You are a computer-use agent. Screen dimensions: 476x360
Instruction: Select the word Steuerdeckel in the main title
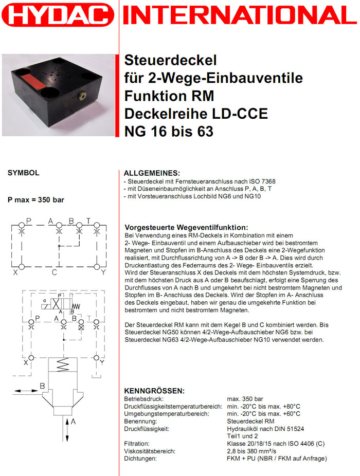click(x=165, y=61)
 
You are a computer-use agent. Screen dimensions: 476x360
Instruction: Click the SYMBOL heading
click(x=24, y=173)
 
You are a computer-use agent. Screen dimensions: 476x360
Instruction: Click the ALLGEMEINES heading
click(x=152, y=173)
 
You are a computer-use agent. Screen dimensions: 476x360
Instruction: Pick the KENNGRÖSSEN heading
click(x=154, y=391)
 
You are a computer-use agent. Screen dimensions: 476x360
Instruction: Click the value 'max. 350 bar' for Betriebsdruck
click(x=245, y=399)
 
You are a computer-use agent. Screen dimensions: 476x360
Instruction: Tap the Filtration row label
click(x=137, y=444)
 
